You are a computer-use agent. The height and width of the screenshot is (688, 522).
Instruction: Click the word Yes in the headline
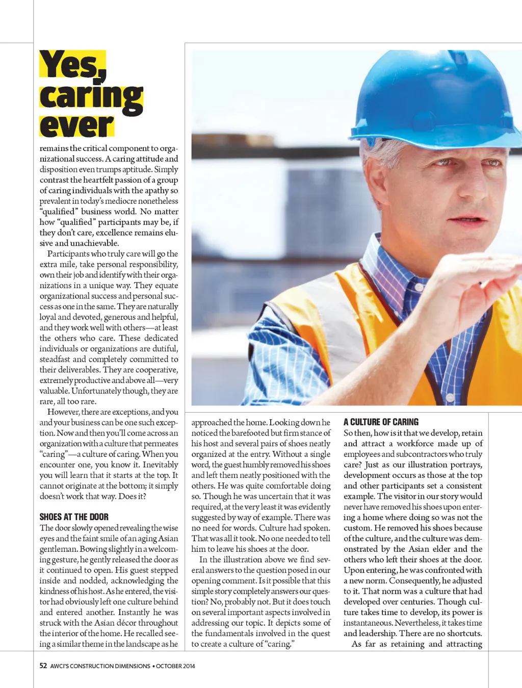click(x=72, y=64)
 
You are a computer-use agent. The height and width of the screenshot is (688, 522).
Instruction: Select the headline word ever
click(x=76, y=125)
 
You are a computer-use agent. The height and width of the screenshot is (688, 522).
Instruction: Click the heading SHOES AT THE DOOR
click(x=74, y=517)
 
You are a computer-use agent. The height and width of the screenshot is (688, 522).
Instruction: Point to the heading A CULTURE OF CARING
click(x=381, y=422)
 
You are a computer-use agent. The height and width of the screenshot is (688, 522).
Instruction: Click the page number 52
click(x=43, y=666)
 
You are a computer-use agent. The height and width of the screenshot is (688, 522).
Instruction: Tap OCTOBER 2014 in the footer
click(x=175, y=666)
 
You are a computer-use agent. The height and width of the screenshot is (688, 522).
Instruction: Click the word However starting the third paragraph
click(x=63, y=412)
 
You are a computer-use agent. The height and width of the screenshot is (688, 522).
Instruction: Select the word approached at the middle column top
click(x=211, y=422)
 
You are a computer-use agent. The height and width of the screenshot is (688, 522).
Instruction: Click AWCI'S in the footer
click(x=59, y=666)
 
